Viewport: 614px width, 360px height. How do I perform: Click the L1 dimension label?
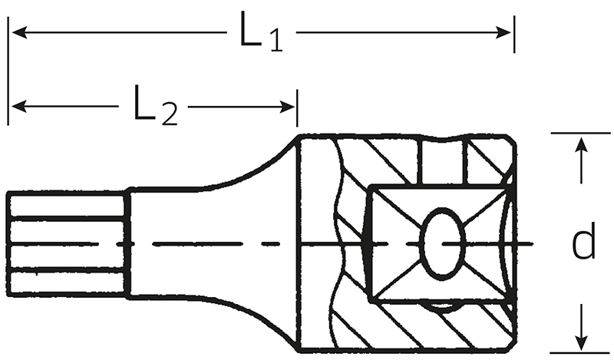point(261,31)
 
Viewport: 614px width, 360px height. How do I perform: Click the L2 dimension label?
point(156,105)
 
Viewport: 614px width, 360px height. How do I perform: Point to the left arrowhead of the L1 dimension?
point(19,32)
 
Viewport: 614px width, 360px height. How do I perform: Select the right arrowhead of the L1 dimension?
point(503,32)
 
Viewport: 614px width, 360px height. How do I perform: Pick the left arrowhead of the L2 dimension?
point(19,106)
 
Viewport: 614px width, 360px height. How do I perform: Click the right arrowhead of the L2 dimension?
point(287,107)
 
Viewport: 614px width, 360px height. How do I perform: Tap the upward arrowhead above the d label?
point(583,144)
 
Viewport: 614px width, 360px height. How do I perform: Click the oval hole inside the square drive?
point(443,242)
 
